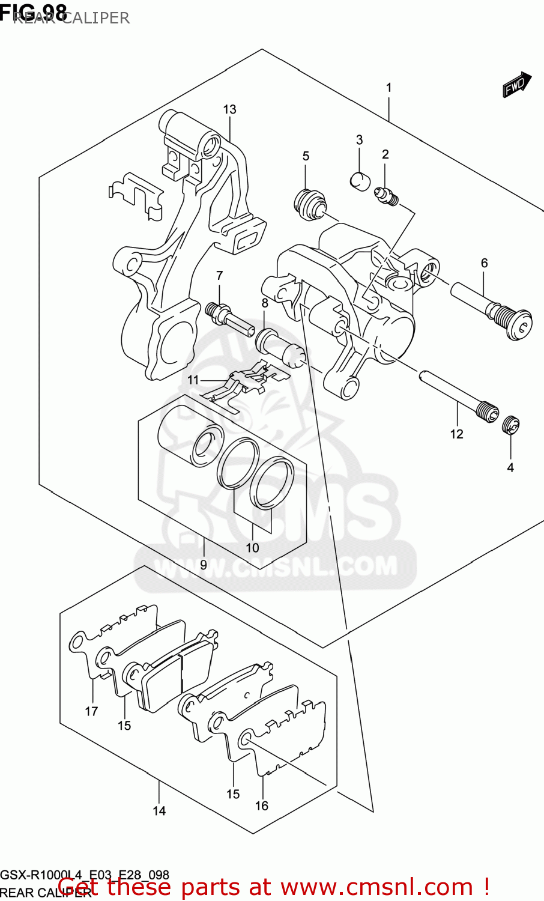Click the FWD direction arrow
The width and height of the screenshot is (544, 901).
(517, 85)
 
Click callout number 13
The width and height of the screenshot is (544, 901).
(229, 109)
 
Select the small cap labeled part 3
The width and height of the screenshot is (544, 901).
(360, 180)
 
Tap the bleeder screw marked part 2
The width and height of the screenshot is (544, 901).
(385, 196)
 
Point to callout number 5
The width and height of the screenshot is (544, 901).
(306, 156)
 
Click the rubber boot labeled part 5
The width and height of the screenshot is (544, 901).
(310, 204)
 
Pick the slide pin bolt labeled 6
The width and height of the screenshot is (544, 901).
(492, 309)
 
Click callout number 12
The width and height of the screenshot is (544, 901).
(456, 434)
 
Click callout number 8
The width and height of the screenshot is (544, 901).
(265, 303)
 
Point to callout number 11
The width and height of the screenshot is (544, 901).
(193, 380)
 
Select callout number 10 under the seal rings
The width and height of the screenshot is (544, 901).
(252, 547)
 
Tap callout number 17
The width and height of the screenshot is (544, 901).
(91, 711)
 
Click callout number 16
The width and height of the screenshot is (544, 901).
(262, 805)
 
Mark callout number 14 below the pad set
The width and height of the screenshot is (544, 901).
(159, 811)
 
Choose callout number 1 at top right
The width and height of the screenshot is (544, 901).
(388, 88)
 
